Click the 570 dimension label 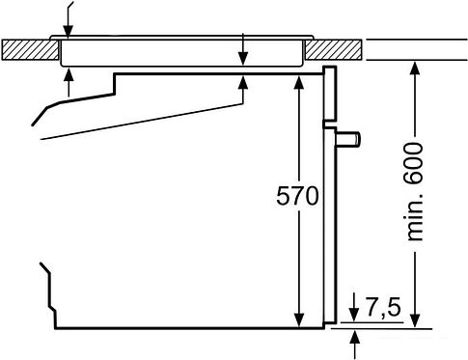297,196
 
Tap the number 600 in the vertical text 414,163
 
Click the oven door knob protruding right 348,139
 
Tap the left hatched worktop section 30,49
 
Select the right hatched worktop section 334,49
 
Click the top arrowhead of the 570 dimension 299,83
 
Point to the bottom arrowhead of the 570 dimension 299,319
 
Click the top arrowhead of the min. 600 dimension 415,69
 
